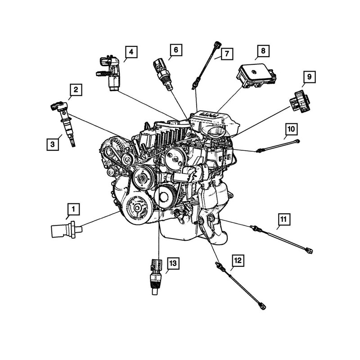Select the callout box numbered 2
[x=76, y=90]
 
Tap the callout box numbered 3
[x=53, y=144]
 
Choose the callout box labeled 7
[x=226, y=54]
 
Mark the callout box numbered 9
[x=309, y=77]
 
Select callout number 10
[x=291, y=130]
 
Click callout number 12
[x=238, y=260]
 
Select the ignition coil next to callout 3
[x=65, y=124]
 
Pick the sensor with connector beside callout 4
[x=112, y=75]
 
